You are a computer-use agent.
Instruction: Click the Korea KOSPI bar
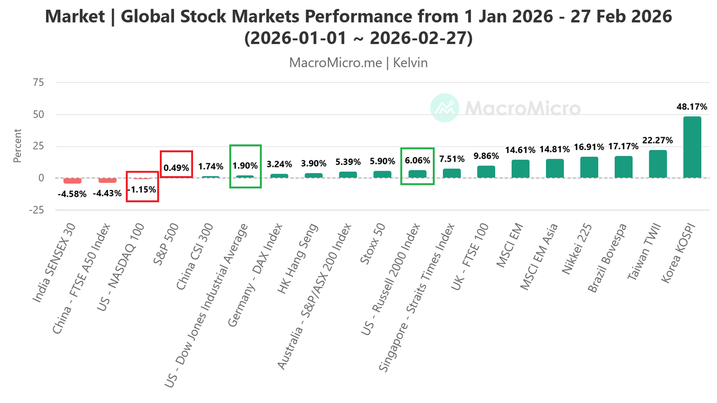692,147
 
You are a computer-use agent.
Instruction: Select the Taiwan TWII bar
658,164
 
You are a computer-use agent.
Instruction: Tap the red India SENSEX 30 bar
72,181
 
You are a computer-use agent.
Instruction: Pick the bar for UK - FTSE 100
486,172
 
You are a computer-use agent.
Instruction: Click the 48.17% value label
692,107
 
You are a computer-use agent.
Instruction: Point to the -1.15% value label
142,189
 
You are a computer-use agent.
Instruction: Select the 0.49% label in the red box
176,167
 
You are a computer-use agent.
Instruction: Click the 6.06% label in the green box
417,160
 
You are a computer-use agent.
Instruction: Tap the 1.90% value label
245,165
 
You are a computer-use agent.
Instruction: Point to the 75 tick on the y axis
38,82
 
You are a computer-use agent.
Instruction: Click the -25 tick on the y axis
36,210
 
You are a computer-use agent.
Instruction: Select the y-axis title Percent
17,146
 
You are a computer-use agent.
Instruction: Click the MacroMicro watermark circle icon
444,108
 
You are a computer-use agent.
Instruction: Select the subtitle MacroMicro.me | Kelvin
358,63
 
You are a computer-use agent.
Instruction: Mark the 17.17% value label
623,146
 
